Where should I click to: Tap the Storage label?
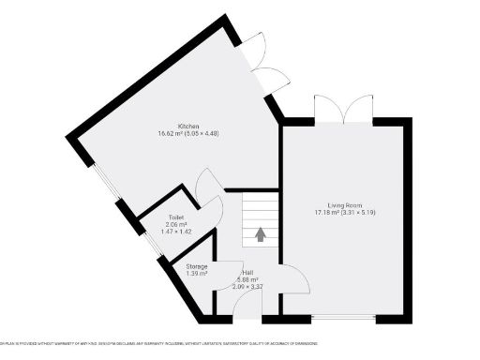[196, 266]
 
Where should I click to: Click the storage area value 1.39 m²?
[196, 274]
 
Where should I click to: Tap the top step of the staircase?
[261, 197]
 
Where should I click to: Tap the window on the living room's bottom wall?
[344, 320]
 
